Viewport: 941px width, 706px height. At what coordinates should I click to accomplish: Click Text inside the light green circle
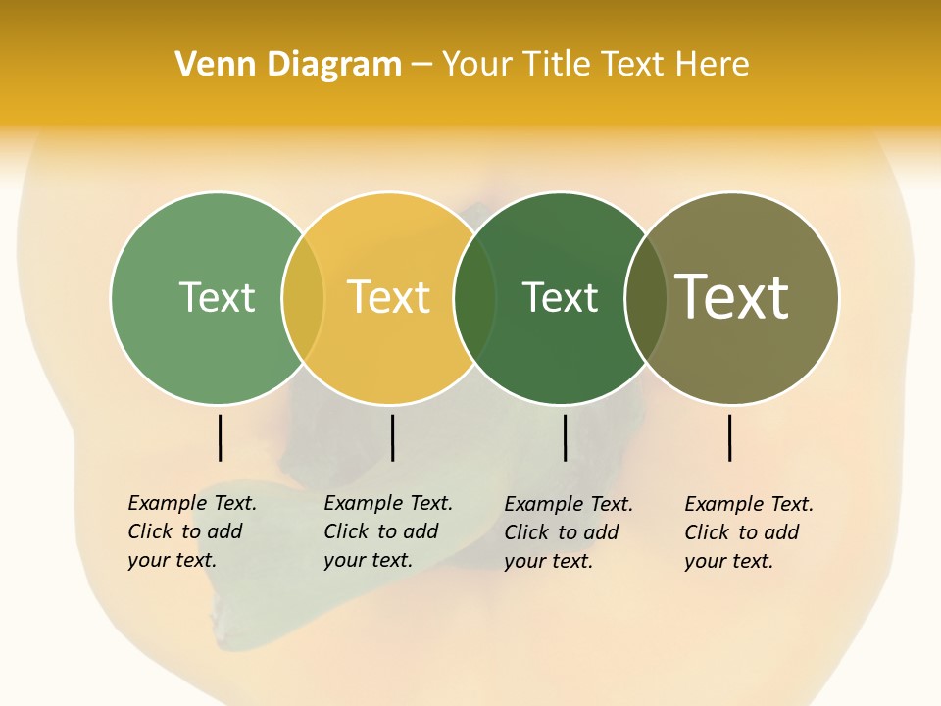(x=217, y=297)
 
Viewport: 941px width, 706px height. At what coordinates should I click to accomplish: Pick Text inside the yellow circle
(x=389, y=297)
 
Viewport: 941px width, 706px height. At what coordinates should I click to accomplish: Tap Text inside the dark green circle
(x=560, y=297)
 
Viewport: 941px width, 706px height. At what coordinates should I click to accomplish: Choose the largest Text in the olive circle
(x=732, y=297)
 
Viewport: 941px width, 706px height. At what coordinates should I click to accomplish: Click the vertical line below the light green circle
(x=220, y=437)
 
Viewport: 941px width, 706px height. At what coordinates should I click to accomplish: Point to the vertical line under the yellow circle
(x=392, y=437)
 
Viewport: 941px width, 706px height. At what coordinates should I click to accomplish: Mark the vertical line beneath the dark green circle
(x=565, y=437)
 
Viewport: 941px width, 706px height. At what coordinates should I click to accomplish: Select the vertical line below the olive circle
(x=729, y=437)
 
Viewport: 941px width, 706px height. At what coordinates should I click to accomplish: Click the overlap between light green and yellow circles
(x=303, y=297)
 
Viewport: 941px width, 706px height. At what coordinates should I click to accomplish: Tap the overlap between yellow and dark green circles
(x=475, y=297)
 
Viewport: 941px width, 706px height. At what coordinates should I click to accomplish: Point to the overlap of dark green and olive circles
(x=645, y=297)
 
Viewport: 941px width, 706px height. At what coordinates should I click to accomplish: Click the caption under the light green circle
(x=192, y=531)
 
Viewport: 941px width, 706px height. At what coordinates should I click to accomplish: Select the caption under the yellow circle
(x=388, y=531)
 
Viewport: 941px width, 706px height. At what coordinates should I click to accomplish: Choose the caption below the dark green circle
(x=569, y=532)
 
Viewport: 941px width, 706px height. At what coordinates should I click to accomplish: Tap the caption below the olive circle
(x=749, y=532)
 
